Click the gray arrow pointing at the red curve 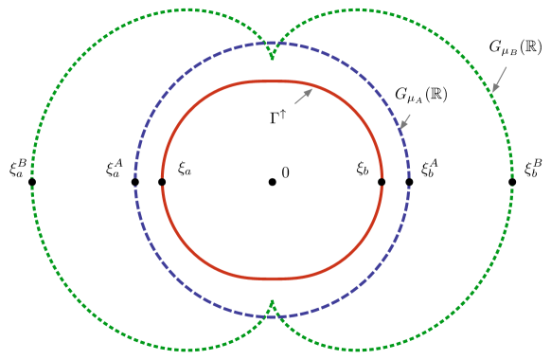(303, 97)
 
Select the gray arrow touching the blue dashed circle (405, 122)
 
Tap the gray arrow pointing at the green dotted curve (499, 81)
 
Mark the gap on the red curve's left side (162, 181)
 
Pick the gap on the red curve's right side (382, 181)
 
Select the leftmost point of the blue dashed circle (135, 180)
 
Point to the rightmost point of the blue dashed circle (409, 180)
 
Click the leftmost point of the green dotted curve (32, 180)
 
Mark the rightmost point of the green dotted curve (512, 180)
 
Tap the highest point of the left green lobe (187, 9)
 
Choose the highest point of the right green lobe (358, 9)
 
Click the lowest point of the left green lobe (187, 351)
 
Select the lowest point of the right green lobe (358, 351)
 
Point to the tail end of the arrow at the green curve (507, 67)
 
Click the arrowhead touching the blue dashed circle (401, 129)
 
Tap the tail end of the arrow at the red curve (294, 104)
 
